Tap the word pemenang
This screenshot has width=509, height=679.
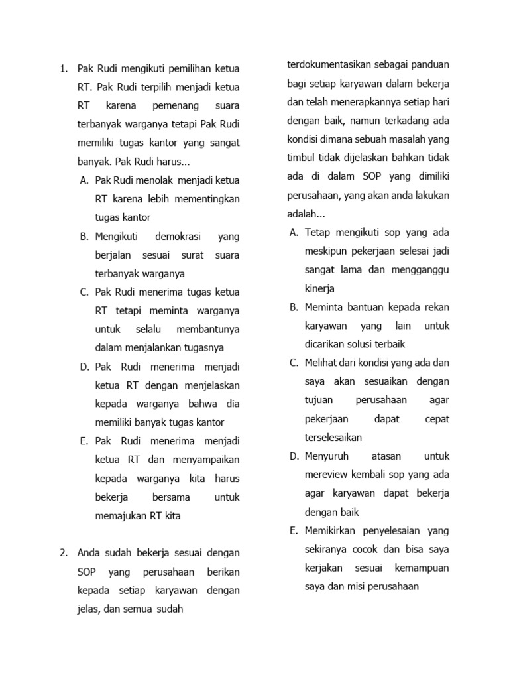pos(174,105)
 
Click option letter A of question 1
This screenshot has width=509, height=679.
pos(84,180)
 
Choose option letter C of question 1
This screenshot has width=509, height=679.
pos(84,292)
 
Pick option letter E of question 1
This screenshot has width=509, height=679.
pos(84,441)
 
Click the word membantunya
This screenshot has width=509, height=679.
pos(208,330)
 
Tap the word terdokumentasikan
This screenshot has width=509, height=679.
pos(327,65)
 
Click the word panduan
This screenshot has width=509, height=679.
pos(431,65)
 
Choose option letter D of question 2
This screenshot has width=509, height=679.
pos(294,456)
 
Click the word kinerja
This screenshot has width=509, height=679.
pos(320,288)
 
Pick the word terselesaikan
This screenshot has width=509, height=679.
pos(333,438)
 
